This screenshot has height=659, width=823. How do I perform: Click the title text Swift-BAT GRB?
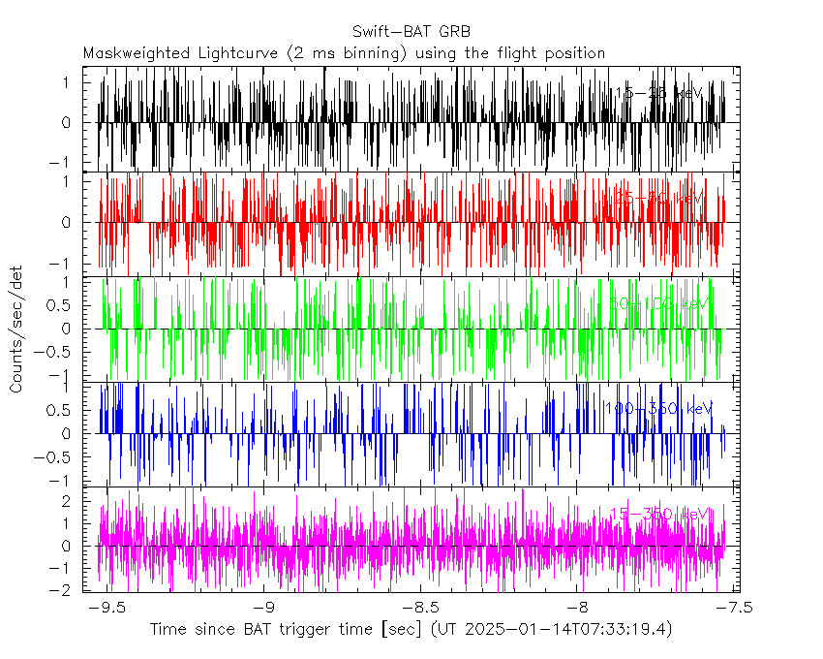[411, 31]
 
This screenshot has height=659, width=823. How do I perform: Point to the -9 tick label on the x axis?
[266, 608]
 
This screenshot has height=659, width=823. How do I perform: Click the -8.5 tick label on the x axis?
[421, 608]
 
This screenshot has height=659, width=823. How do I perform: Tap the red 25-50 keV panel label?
[657, 198]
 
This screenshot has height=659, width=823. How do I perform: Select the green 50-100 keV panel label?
[657, 303]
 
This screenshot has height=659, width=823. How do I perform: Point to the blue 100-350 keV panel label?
[657, 408]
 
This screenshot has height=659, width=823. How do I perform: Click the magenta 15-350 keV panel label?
[657, 514]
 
